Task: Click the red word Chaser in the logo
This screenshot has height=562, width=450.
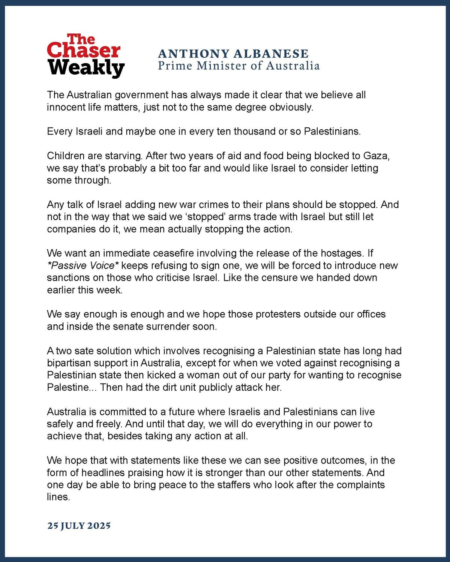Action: click(x=83, y=51)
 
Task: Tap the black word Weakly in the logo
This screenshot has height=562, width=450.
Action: click(x=86, y=68)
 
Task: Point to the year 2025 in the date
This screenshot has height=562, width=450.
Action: click(x=99, y=526)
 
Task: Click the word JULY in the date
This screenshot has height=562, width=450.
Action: click(x=72, y=526)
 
